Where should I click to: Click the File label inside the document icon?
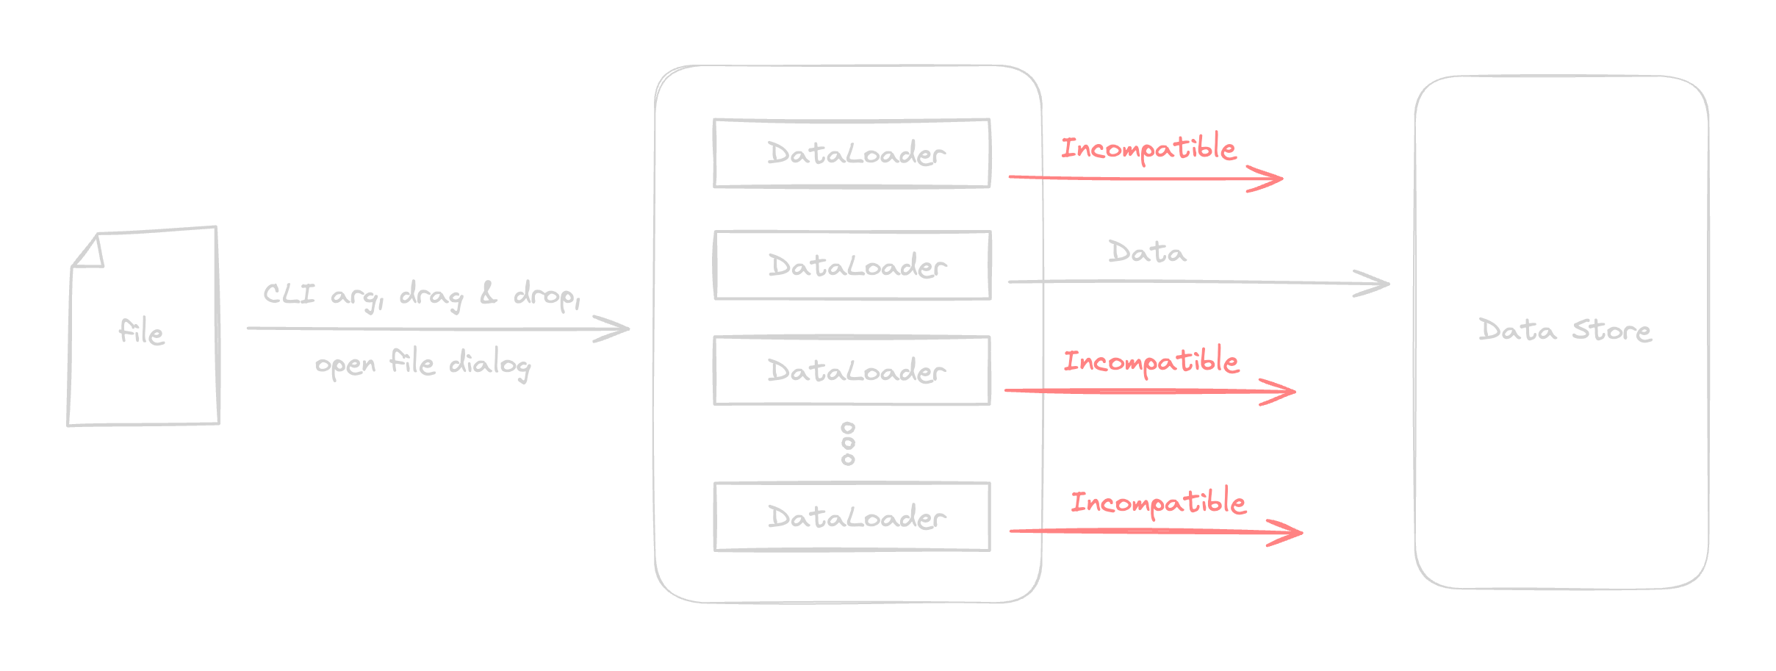tap(142, 332)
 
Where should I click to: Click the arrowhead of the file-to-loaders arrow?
tap(622, 329)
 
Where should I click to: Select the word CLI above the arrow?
tap(289, 295)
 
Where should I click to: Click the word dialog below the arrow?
tap(489, 365)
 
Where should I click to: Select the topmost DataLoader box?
tap(852, 153)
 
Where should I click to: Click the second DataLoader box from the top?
tap(852, 265)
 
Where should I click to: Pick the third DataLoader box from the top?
tap(852, 370)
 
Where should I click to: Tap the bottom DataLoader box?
tap(852, 517)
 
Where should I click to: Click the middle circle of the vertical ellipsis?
tap(848, 443)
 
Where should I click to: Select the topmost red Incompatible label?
tap(1148, 148)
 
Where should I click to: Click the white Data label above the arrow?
tap(1146, 253)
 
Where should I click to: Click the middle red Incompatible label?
tap(1151, 362)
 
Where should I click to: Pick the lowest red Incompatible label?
tap(1158, 502)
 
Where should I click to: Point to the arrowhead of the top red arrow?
tap(1274, 179)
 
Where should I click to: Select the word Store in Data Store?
tap(1611, 331)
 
